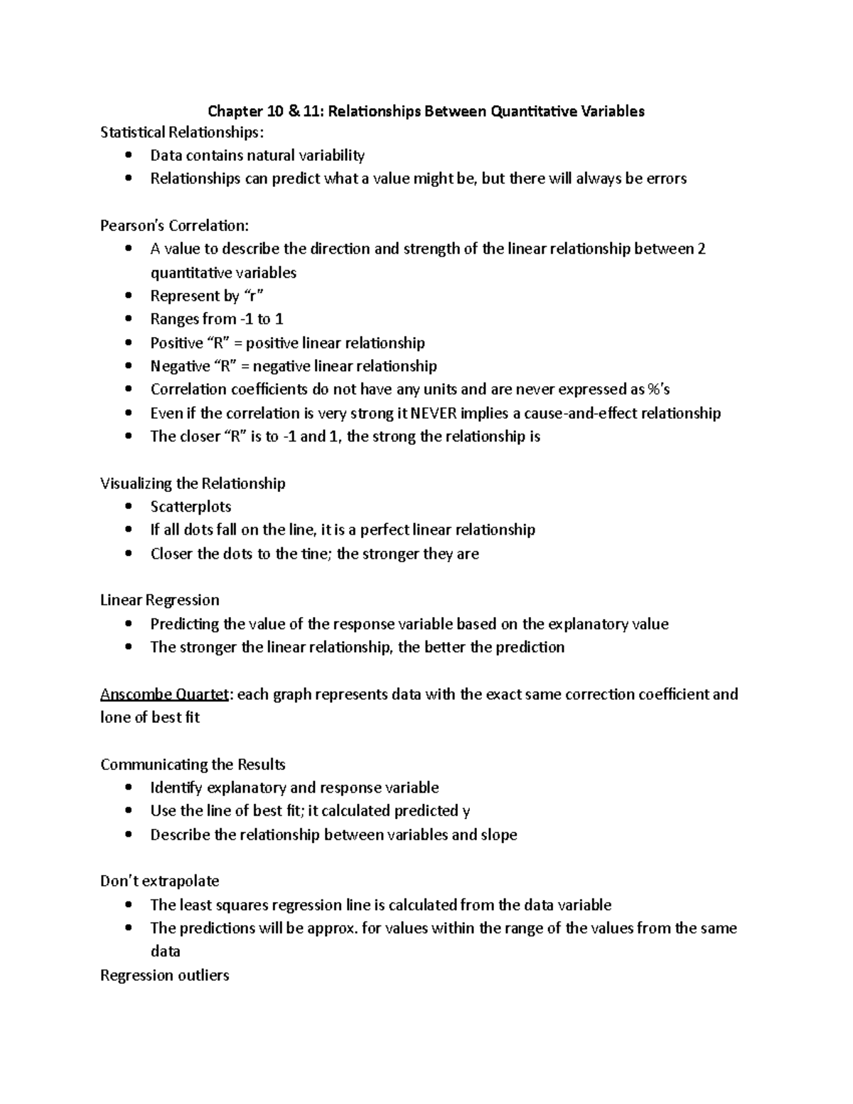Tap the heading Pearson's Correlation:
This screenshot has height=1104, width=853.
(x=174, y=226)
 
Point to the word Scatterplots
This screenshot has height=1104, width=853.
(x=191, y=507)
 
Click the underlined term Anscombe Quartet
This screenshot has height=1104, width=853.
(x=165, y=694)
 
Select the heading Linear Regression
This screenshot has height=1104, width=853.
(x=159, y=600)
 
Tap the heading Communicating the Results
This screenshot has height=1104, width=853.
(x=193, y=764)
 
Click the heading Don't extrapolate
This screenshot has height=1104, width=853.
(x=159, y=881)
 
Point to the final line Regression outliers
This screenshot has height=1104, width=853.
(x=164, y=975)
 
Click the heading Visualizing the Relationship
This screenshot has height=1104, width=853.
(x=193, y=483)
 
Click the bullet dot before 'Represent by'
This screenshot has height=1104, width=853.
(x=128, y=296)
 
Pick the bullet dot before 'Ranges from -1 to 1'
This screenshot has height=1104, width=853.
(x=128, y=319)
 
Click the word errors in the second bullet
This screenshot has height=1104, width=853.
(x=665, y=178)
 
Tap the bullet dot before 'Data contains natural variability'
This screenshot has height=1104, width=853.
(x=128, y=155)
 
